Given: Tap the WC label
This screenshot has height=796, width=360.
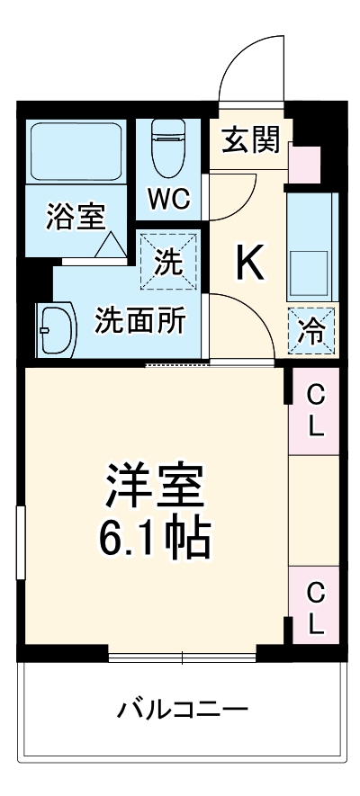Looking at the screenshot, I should click(x=169, y=200).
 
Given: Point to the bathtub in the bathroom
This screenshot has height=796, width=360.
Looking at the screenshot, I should click(x=76, y=150).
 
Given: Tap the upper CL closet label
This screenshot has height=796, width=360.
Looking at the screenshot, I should click(x=315, y=409).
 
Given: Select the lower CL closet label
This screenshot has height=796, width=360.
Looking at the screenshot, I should click(x=315, y=607).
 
